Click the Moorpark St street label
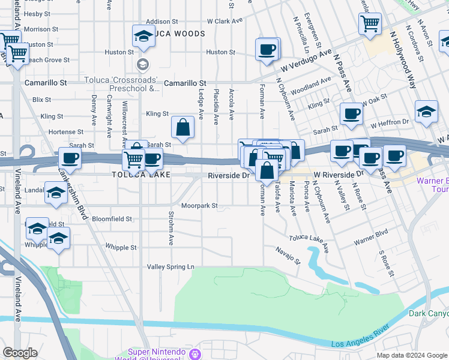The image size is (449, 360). pyautogui.click(x=199, y=206)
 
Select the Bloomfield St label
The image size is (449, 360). pyautogui.click(x=112, y=220)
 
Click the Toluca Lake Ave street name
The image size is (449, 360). pyautogui.click(x=309, y=242)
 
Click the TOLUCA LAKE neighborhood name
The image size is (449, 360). pyautogui.click(x=140, y=175)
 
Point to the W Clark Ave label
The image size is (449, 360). pyautogui.click(x=224, y=21)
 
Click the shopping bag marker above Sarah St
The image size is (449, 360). pyautogui.click(x=182, y=127)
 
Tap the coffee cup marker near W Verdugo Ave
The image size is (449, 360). pyautogui.click(x=267, y=49)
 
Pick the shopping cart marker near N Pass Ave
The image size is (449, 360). pyautogui.click(x=370, y=24)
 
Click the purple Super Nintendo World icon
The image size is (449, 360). pyautogui.click(x=194, y=354)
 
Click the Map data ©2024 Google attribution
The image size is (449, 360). pyautogui.click(x=411, y=355)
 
